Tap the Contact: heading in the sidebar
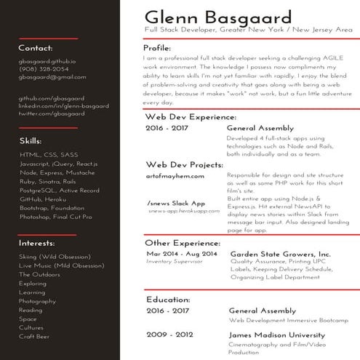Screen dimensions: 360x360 click(x=36, y=48)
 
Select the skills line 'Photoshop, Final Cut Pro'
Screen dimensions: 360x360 click(x=56, y=217)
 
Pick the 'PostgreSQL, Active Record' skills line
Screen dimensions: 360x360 click(x=60, y=191)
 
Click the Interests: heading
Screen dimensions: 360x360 click(x=36, y=242)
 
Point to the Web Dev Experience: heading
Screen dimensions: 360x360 click(x=191, y=116)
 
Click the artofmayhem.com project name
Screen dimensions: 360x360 click(x=175, y=176)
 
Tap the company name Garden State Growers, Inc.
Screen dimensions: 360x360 click(x=280, y=253)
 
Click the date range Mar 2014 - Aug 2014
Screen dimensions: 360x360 click(x=181, y=253)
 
